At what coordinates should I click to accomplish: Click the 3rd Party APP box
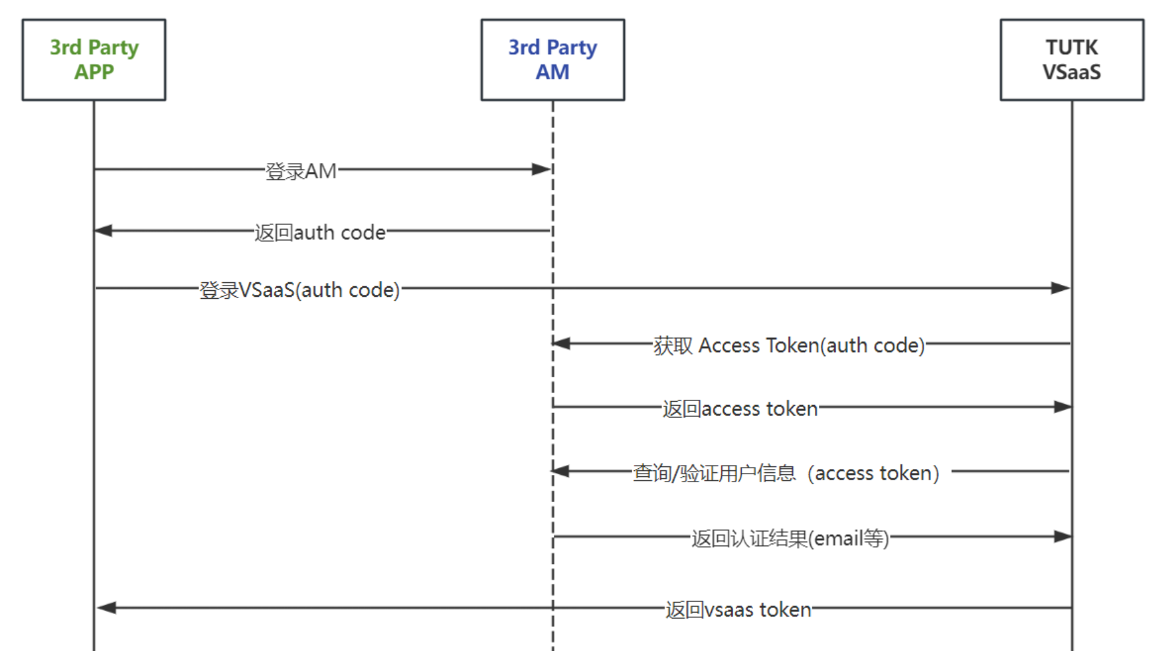tap(94, 59)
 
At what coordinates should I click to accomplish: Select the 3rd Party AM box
tap(552, 59)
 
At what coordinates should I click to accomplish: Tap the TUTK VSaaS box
tap(1071, 59)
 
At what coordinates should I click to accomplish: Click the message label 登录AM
tap(301, 171)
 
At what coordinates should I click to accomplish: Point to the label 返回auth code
tap(320, 232)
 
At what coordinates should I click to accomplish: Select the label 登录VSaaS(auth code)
tap(299, 290)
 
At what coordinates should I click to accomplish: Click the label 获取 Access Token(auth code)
tap(788, 345)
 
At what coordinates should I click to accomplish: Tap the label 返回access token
tap(740, 408)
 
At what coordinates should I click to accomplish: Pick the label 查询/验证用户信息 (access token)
tap(786, 472)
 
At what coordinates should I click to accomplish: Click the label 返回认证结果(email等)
tap(790, 538)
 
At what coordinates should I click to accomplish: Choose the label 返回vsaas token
tap(738, 609)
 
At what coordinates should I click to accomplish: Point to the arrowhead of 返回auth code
tap(104, 231)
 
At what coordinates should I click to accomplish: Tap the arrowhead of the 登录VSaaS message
tap(1060, 288)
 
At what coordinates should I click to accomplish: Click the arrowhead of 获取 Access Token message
tap(562, 344)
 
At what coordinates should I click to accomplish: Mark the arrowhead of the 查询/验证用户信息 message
tap(561, 471)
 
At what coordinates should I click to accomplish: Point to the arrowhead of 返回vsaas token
tap(107, 607)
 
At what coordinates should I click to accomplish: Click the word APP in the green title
tap(94, 72)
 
